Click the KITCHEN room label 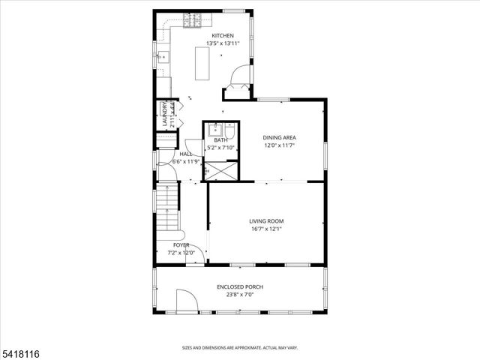(x=223, y=36)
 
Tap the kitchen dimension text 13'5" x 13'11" (x=223, y=43)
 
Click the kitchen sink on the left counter (x=162, y=57)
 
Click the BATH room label (x=220, y=140)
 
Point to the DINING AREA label (x=280, y=137)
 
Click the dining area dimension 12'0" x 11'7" (x=280, y=145)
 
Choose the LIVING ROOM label (x=266, y=221)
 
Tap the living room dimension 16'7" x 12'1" (x=266, y=229)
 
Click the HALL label (x=185, y=154)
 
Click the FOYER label (x=181, y=245)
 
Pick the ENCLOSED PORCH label (x=240, y=287)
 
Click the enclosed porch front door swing (x=186, y=304)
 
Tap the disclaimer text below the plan (x=240, y=347)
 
